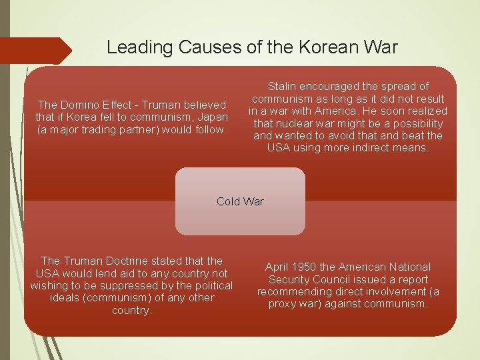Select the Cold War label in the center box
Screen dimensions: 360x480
tap(240, 201)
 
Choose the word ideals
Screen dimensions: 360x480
tap(65, 297)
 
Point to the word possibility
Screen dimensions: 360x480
tap(417, 123)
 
